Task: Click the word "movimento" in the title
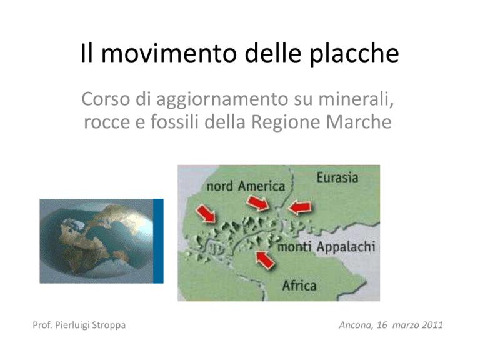pos(169,53)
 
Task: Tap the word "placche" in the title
pos(354,54)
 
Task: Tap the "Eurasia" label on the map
pos(337,177)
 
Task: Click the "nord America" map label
pos(246,186)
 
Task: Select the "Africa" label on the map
pos(299,286)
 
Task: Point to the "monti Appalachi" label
pos(326,247)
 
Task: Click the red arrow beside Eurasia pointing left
pos(300,207)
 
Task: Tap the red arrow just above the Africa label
pos(265,259)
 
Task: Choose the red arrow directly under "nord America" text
pos(258,202)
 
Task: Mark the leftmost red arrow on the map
pos(206,213)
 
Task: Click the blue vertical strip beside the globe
pos(158,241)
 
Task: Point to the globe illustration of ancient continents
pos(96,241)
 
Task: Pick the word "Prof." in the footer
pos(42,325)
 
